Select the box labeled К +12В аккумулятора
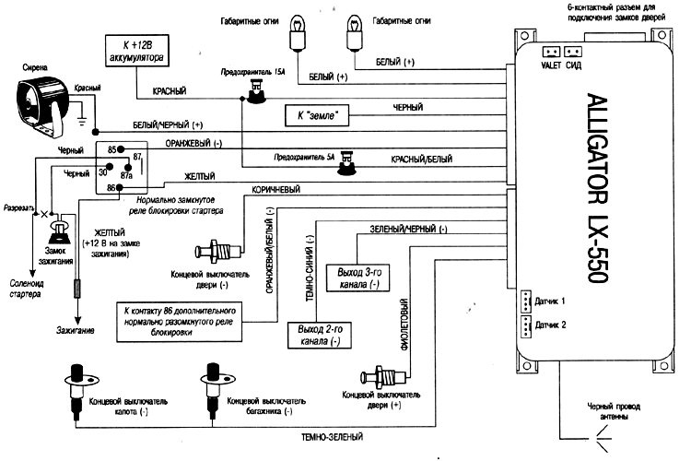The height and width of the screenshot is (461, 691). pyautogui.click(x=135, y=49)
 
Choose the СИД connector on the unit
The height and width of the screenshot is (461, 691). pyautogui.click(x=573, y=53)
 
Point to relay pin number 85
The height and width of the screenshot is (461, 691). pyautogui.click(x=111, y=149)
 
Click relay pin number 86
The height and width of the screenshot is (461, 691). pyautogui.click(x=111, y=187)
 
